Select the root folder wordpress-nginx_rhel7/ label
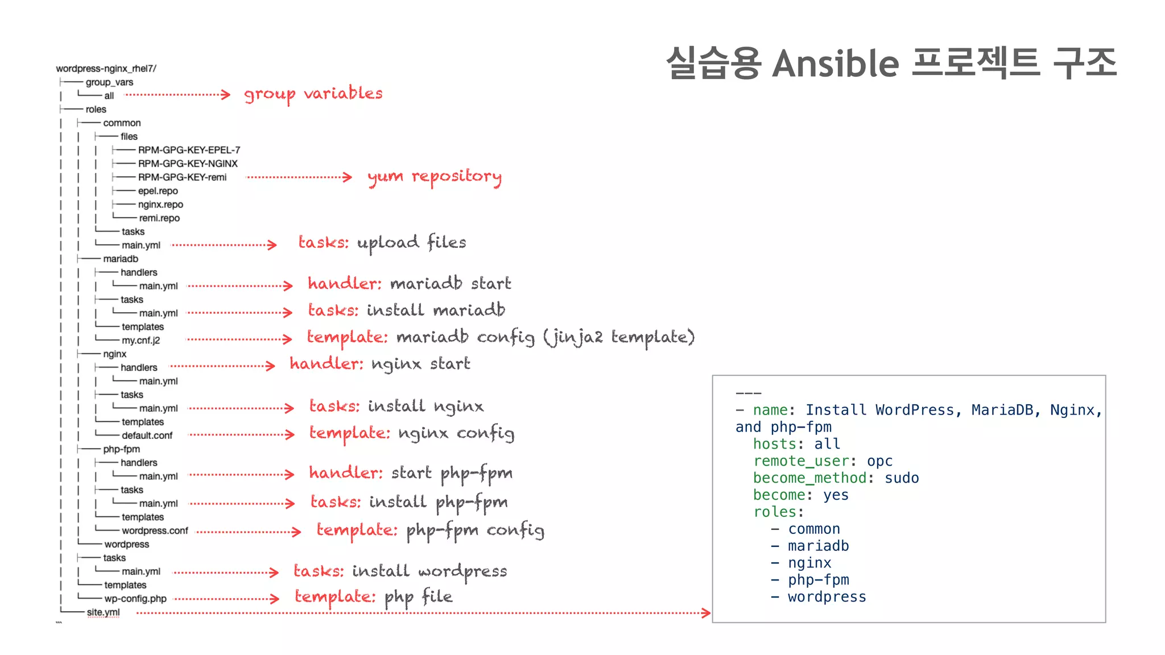click(x=106, y=69)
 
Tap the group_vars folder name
click(x=109, y=82)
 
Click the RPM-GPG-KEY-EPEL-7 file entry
click(x=189, y=150)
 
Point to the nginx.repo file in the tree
click(x=160, y=205)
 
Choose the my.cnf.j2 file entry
click(x=141, y=341)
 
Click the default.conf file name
click(x=147, y=436)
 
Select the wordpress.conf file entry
click(x=155, y=530)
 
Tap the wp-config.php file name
click(x=135, y=599)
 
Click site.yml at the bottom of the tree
click(x=103, y=612)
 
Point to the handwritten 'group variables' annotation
click(x=313, y=94)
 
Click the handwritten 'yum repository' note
click(x=435, y=177)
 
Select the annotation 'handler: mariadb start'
click(x=409, y=283)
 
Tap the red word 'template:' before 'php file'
click(x=334, y=596)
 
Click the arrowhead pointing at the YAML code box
click(x=706, y=613)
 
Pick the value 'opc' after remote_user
click(x=879, y=461)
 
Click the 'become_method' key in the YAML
click(x=809, y=478)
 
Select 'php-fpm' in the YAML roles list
click(x=818, y=580)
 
